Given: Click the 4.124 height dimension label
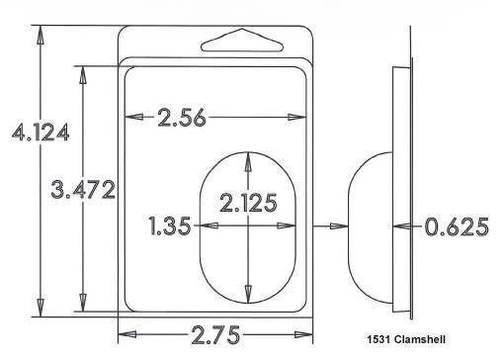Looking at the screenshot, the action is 41,133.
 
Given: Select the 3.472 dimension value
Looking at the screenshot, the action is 83,190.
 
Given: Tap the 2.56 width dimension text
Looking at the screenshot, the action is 182,118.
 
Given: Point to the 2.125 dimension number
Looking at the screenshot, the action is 248,203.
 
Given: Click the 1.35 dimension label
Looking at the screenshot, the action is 170,225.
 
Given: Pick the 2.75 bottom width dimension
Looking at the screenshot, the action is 215,335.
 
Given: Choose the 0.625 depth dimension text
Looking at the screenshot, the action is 457,226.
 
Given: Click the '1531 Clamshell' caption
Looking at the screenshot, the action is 406,339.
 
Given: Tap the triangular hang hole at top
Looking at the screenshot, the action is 242,41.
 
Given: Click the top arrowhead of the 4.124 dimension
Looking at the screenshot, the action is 41,35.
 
